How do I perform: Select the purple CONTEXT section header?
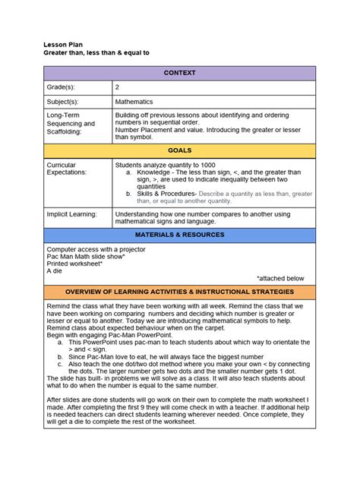pos(179,73)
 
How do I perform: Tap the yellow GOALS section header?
pos(179,151)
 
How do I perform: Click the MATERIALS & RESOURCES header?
pos(179,235)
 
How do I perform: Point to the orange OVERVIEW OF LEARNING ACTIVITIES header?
pos(179,292)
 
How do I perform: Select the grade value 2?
pos(117,87)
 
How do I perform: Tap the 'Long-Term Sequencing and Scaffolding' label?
pos(71,123)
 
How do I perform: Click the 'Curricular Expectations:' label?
pos(67,169)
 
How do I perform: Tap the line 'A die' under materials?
pos(54,271)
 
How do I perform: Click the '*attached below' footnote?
pos(279,279)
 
